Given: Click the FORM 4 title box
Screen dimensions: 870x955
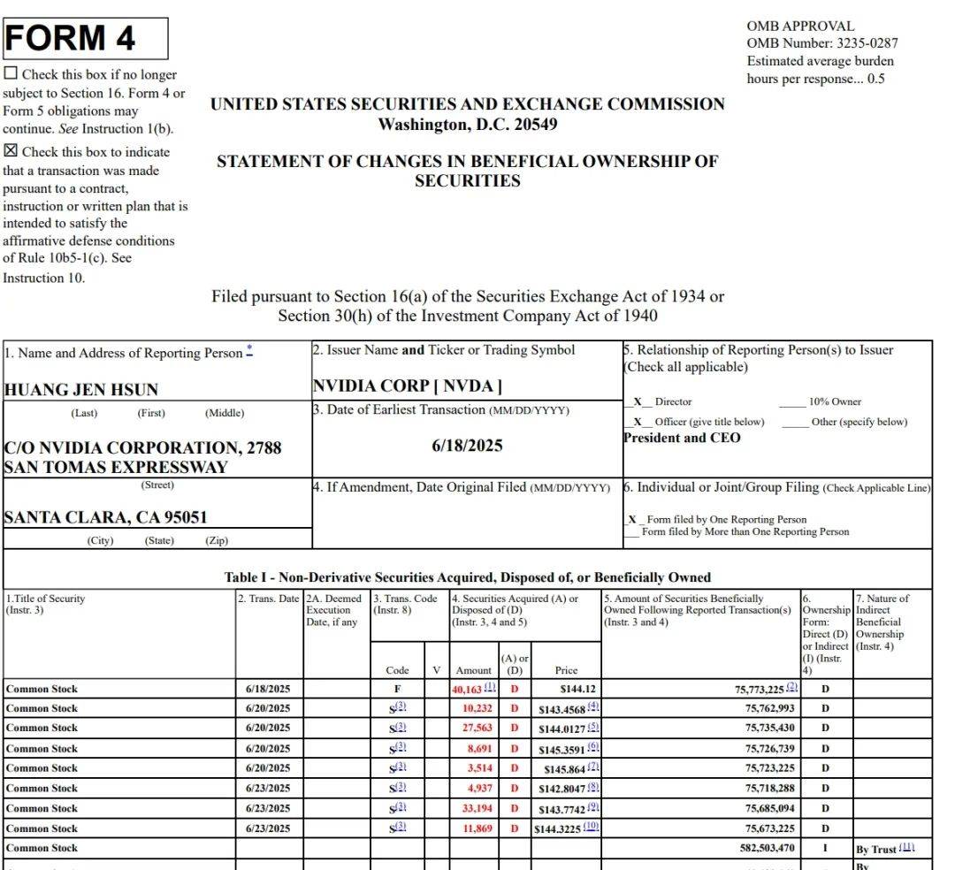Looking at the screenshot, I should [x=85, y=39].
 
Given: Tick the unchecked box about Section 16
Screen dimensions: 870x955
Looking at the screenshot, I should [x=11, y=74].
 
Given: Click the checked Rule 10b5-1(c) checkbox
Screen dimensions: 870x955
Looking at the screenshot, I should [x=11, y=151].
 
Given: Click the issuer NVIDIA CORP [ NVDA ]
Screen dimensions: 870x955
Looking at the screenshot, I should [x=408, y=386].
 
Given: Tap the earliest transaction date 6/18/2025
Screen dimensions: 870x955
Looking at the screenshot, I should [x=467, y=446].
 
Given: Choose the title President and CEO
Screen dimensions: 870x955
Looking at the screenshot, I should [x=682, y=438].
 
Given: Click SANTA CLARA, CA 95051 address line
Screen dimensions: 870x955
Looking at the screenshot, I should [x=105, y=517].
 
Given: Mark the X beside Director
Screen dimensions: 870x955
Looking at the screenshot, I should [x=637, y=401].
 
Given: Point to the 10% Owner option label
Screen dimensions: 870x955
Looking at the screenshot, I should [x=834, y=401].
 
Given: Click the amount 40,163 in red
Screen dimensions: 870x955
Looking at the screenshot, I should [x=469, y=689].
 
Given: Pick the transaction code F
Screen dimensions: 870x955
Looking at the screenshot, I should [x=397, y=688].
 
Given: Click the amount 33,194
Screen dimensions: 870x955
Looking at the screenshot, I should [x=477, y=808].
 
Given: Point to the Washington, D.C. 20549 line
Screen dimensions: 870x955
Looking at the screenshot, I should [x=467, y=125].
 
